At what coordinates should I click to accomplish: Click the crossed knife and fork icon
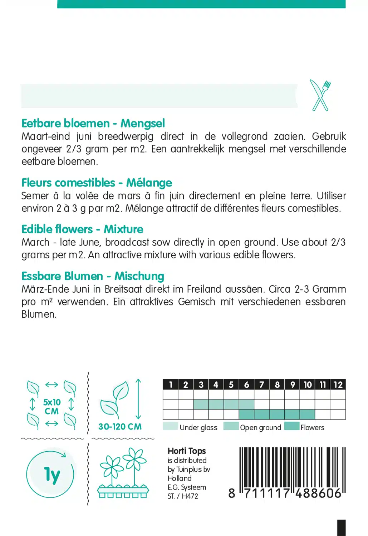click(320, 95)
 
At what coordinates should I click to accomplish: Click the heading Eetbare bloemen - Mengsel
click(93, 123)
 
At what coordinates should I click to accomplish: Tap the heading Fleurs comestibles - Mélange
click(97, 183)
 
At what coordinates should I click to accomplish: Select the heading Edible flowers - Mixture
click(82, 229)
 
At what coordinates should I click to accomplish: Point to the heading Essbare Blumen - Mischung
click(93, 276)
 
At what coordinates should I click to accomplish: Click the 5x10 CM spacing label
click(52, 407)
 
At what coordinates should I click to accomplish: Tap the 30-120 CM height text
click(120, 427)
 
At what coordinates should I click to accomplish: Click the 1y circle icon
click(50, 475)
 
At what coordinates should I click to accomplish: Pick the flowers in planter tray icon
click(123, 473)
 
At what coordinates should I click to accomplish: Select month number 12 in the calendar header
click(338, 384)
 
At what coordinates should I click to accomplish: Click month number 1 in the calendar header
click(171, 384)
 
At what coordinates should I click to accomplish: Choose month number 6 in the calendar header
click(246, 384)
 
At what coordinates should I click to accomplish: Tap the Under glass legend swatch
click(170, 426)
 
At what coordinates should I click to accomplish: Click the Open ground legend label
click(260, 427)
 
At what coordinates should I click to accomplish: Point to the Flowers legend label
click(312, 427)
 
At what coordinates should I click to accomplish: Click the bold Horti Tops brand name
click(187, 451)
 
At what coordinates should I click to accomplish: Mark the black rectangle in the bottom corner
click(342, 528)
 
